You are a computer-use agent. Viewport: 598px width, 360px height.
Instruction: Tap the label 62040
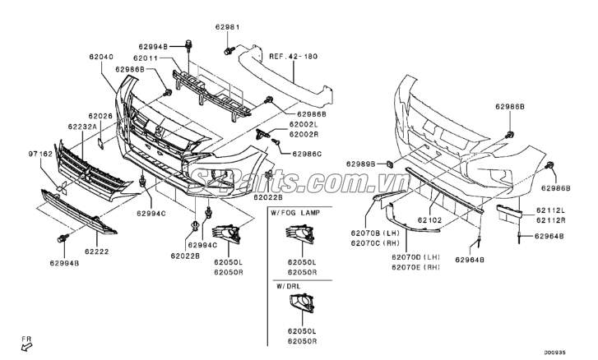coord(101,58)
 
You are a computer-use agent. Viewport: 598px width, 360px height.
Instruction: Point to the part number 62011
coord(148,58)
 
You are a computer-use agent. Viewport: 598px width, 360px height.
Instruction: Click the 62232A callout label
coord(83,127)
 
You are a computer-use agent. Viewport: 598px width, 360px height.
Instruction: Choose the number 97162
coord(41,154)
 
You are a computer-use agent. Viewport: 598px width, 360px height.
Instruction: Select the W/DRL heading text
coord(289,286)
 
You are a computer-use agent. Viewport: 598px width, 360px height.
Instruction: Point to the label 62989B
coord(361,164)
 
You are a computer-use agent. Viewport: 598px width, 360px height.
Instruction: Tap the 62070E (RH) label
coord(416,267)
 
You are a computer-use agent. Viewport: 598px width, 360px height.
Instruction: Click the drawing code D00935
coord(577,353)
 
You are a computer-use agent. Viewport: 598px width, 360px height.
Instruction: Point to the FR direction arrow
coord(26,344)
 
